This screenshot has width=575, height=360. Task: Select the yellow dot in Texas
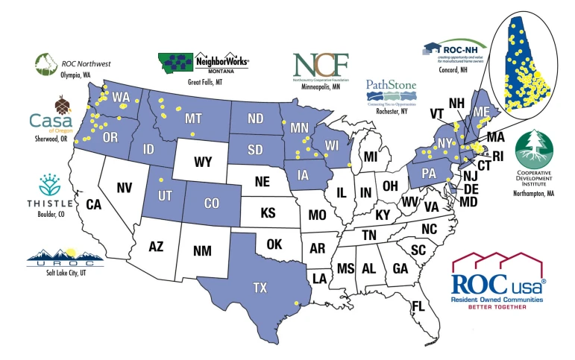(297, 303)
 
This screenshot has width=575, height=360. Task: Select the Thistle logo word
(50, 203)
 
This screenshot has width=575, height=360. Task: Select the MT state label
(193, 118)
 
